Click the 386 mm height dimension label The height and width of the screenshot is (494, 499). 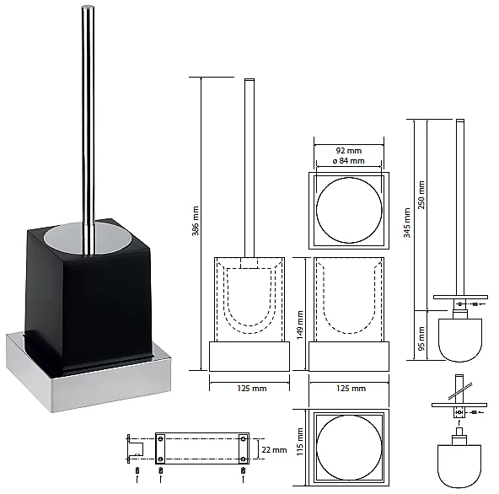196,221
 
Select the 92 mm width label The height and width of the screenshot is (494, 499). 349,151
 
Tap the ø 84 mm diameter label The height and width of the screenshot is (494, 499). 348,161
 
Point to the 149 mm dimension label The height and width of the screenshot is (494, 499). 300,325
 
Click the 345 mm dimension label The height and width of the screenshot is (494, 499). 407,223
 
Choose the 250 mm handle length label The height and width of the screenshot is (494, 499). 421,195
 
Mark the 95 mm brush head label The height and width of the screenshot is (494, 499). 421,339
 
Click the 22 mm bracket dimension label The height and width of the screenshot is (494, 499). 274,450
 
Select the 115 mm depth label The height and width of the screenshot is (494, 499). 300,442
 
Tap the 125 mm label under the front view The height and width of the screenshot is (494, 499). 252,389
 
